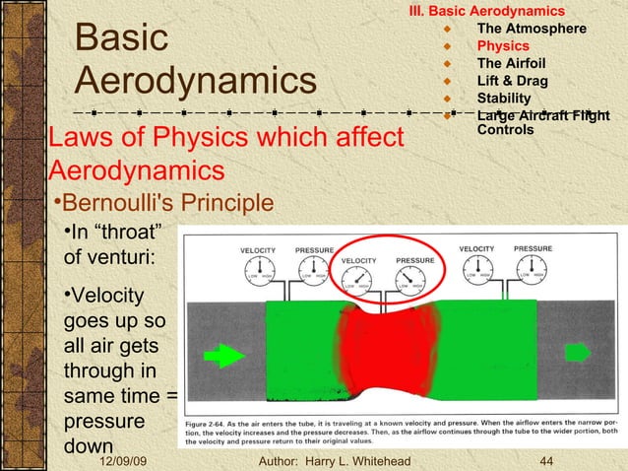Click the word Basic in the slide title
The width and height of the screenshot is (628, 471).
(122, 38)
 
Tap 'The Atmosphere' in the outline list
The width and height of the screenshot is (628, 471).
(532, 28)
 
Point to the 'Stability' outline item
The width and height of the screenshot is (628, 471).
(503, 99)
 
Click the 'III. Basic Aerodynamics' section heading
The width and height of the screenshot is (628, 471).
(487, 11)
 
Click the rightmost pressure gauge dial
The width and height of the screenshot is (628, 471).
(533, 270)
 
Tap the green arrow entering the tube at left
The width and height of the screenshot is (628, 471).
(224, 354)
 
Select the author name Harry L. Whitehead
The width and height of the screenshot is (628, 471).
(354, 461)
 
